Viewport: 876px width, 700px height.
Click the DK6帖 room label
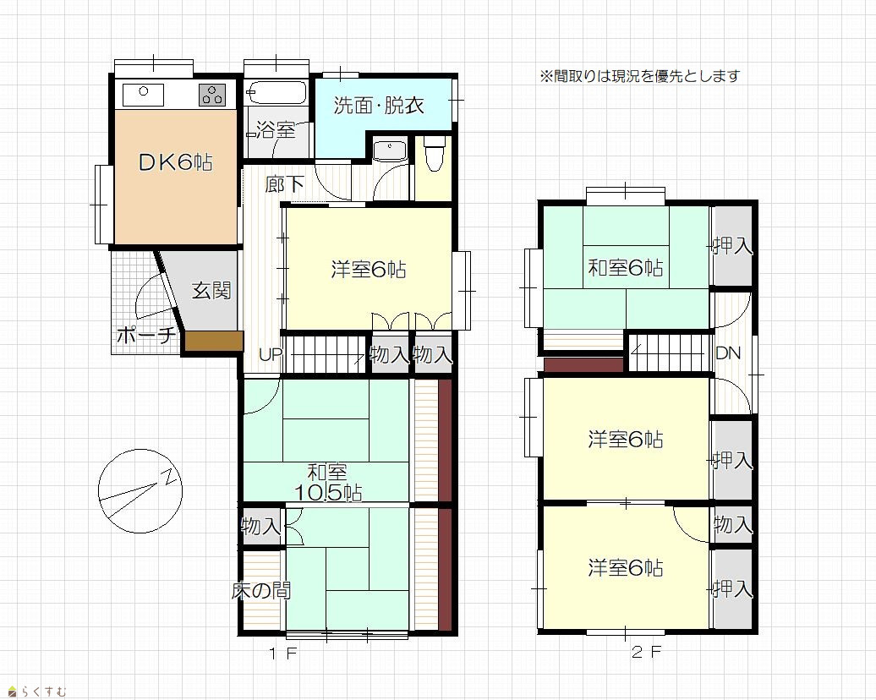(x=175, y=162)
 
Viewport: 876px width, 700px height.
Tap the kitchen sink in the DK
(x=143, y=95)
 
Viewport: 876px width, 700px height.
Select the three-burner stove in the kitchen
(x=212, y=95)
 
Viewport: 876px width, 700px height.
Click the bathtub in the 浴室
(x=277, y=93)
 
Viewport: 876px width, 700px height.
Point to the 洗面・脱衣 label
(x=379, y=105)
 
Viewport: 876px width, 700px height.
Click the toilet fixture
(x=433, y=153)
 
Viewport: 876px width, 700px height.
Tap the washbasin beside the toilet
(x=390, y=151)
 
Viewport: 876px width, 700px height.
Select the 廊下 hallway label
(x=284, y=183)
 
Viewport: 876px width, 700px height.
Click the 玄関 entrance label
(x=211, y=291)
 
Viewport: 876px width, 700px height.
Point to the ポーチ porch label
(x=146, y=335)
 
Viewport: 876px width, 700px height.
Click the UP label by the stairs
(x=271, y=354)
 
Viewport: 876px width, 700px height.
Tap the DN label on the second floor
(x=728, y=353)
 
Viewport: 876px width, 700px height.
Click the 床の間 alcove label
(x=261, y=590)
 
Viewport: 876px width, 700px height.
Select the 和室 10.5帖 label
(x=328, y=483)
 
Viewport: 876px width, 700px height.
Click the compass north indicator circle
(x=140, y=491)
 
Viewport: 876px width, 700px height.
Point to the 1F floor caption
(x=282, y=653)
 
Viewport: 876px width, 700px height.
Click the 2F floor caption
(x=646, y=652)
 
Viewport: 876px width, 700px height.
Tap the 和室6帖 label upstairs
(x=626, y=268)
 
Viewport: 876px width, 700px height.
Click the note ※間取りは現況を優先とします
(x=640, y=75)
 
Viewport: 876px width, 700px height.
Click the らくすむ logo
(x=37, y=692)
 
